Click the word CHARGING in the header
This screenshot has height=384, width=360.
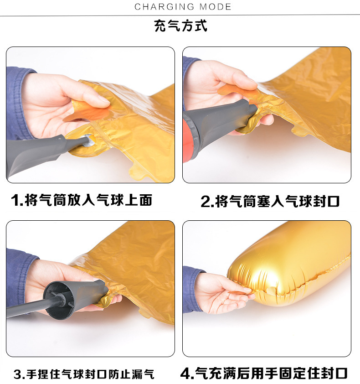coord(165,7)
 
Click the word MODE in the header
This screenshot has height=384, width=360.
coord(216,7)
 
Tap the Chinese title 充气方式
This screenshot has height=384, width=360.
coord(180,26)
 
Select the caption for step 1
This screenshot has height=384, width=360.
coord(82,200)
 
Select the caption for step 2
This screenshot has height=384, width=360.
coord(270,201)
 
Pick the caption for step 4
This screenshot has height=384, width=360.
coord(264,373)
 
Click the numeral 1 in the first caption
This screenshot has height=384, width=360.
coord(15,200)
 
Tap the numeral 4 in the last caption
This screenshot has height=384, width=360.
coord(185,374)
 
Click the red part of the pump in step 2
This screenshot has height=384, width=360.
coord(189,140)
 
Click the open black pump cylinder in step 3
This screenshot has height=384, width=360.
coord(58,300)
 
